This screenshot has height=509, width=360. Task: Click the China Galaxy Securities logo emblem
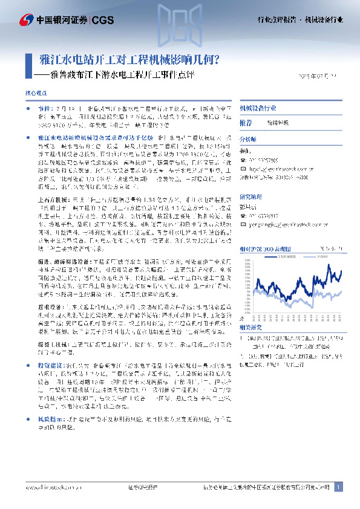coord(27,20)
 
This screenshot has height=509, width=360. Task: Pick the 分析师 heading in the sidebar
coord(249,139)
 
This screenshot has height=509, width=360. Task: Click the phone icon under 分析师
coord(243,160)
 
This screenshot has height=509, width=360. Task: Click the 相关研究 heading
coord(252,326)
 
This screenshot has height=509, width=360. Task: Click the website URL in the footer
coord(50,487)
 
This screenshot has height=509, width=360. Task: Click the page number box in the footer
coord(339,487)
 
